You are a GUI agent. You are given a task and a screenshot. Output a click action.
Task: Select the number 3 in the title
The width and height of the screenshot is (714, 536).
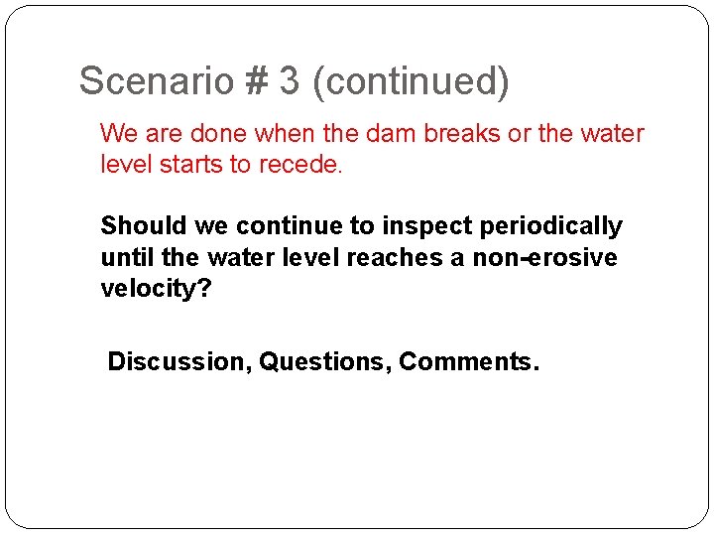[289, 81]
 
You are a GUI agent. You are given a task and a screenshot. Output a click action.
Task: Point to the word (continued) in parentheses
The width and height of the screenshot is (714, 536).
[411, 81]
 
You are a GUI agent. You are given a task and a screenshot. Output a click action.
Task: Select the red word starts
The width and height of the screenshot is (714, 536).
[187, 165]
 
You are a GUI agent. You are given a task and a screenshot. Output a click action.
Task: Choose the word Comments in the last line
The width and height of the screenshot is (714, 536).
[465, 361]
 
